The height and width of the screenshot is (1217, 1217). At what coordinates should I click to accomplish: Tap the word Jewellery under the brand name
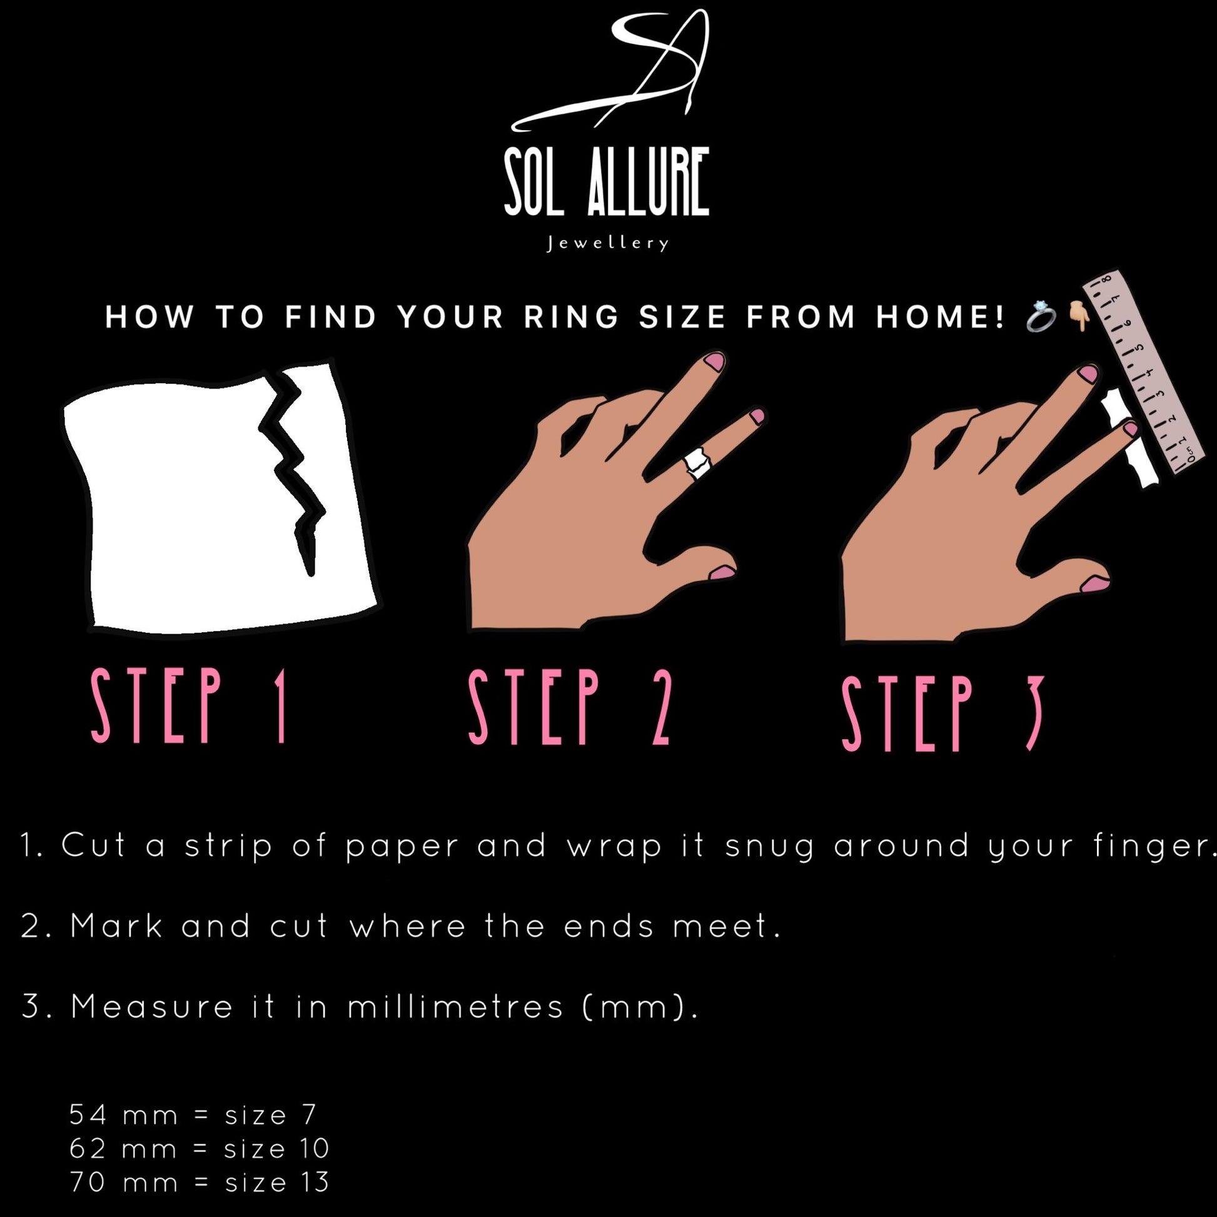[x=607, y=243]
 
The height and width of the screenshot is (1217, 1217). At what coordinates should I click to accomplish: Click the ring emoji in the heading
[x=1041, y=316]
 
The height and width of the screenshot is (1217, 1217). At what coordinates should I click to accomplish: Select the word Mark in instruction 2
[x=116, y=926]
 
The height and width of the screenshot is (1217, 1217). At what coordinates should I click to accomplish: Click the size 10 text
[x=276, y=1148]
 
